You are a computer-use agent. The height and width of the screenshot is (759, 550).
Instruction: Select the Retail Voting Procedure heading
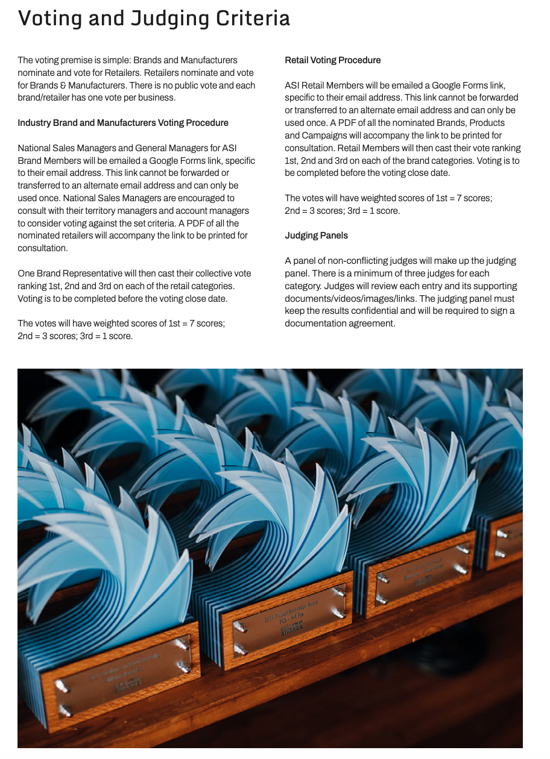332,60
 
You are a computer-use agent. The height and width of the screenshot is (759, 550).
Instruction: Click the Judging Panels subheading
316,236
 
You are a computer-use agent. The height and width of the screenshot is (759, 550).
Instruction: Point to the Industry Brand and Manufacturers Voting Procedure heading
123,123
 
